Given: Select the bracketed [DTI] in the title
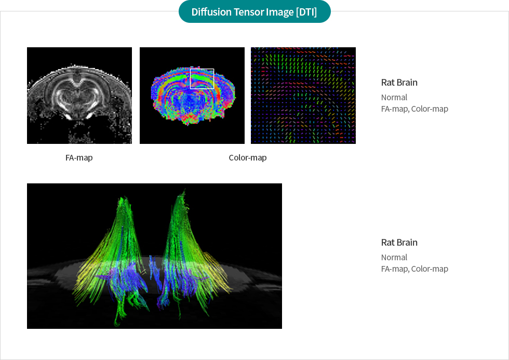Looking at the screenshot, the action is (306, 12).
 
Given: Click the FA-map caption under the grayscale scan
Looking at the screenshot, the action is (79, 157).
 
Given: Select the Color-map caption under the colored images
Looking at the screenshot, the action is (248, 157).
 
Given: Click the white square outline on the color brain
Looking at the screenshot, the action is (202, 69).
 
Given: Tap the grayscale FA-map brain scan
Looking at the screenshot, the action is (79, 96).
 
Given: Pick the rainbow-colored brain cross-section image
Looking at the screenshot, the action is (192, 96).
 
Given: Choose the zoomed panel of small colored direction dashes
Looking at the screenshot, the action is (303, 96).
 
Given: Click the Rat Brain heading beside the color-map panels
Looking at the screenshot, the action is (399, 83).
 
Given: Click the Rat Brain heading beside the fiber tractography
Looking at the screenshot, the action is (399, 243).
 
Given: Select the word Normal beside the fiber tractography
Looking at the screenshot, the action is (394, 258).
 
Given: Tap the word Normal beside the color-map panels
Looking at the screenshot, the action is (394, 97).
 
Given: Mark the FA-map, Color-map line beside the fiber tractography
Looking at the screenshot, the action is (414, 269).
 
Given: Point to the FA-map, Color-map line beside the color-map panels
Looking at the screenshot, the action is (414, 109).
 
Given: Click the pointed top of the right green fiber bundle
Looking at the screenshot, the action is (184, 190).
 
